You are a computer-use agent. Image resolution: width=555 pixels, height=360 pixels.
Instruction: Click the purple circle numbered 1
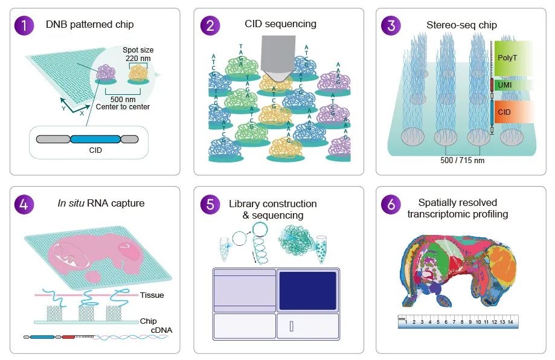tap(24, 25)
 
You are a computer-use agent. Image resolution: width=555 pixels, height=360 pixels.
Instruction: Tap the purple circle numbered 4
tap(24, 204)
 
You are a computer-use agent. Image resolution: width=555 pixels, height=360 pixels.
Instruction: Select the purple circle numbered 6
tap(391, 204)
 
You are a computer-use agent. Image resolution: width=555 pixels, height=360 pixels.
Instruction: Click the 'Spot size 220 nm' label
tap(138, 54)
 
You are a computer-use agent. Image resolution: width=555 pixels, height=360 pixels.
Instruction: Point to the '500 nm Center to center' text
tap(123, 103)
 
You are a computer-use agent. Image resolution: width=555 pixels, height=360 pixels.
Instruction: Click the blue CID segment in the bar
tap(95, 139)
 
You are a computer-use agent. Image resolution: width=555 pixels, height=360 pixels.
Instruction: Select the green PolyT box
tap(513, 58)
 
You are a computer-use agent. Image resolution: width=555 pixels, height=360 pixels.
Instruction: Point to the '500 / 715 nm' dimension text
tap(462, 160)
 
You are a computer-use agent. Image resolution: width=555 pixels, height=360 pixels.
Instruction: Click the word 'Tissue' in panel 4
tap(152, 295)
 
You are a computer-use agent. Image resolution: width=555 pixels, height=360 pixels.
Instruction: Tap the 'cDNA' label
tap(161, 330)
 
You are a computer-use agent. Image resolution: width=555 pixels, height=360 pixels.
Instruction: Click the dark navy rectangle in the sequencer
tap(307, 291)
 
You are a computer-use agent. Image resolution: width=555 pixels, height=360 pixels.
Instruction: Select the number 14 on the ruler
tap(510, 322)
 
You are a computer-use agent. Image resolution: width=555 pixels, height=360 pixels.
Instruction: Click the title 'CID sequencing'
tap(280, 24)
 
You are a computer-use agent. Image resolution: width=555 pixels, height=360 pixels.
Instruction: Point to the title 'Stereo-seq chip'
tap(461, 25)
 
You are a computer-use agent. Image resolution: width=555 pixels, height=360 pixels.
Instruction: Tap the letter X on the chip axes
tap(82, 114)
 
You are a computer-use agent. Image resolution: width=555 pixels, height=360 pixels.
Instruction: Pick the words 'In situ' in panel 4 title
tap(71, 203)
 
